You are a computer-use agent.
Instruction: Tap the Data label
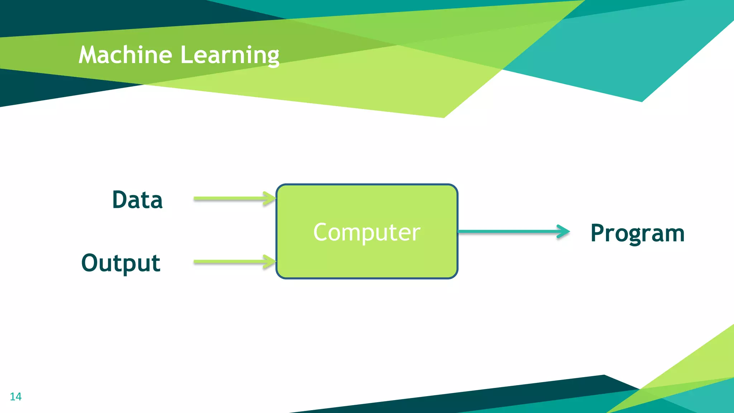[x=137, y=200]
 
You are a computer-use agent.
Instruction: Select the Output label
[x=121, y=263]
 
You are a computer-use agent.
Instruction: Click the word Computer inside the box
[x=367, y=232]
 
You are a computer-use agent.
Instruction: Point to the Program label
[x=638, y=233]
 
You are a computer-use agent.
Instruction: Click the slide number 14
[x=15, y=397]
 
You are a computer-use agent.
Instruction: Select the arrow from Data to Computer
[x=229, y=199]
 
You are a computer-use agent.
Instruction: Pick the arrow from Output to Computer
[x=229, y=262]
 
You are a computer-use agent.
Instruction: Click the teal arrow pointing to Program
[x=509, y=232]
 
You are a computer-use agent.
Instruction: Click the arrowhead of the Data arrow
[x=270, y=199]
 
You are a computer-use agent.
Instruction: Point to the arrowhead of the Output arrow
[x=270, y=262]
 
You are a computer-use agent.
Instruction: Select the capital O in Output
[x=91, y=263]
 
